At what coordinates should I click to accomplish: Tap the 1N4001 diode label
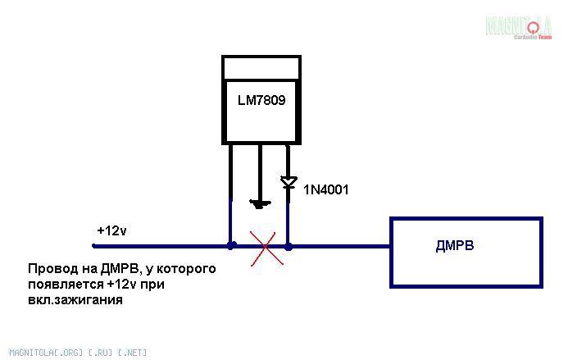[x=326, y=190]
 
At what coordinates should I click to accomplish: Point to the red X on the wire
[x=265, y=245]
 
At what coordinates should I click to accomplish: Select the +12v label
[x=111, y=230]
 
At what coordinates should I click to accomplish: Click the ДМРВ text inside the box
[x=457, y=246]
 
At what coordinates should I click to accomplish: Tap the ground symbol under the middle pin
[x=259, y=203]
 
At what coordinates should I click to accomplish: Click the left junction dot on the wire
[x=232, y=244]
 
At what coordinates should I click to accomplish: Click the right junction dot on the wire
[x=288, y=244]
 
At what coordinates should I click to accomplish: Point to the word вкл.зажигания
[x=75, y=300]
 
